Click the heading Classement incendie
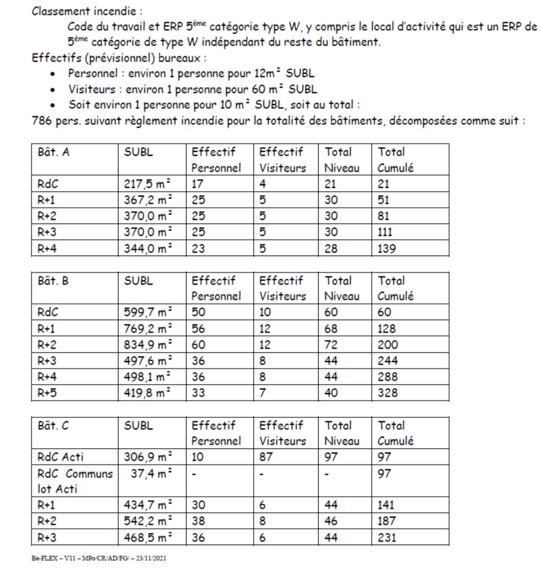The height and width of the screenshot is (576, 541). point(87,12)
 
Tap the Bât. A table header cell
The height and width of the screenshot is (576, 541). point(53,152)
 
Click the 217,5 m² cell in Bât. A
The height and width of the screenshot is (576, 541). point(148,184)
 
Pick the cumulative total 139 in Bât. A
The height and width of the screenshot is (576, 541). point(387,249)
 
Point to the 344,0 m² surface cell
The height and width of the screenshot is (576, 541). point(148,249)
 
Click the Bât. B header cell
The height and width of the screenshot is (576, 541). point(53,281)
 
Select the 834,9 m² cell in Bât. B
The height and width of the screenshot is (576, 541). point(148,345)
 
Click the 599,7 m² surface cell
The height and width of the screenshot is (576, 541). point(148,312)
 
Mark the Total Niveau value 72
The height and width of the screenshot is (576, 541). point(331,345)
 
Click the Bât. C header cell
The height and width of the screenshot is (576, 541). point(53,426)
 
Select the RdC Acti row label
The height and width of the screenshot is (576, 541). point(60,457)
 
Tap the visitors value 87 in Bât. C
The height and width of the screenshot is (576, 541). point(266,457)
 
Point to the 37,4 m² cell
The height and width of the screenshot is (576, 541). point(151,474)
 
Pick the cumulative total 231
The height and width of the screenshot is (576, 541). point(386,537)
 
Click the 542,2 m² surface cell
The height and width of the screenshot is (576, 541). point(148,521)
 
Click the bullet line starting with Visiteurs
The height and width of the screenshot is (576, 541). point(192,89)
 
